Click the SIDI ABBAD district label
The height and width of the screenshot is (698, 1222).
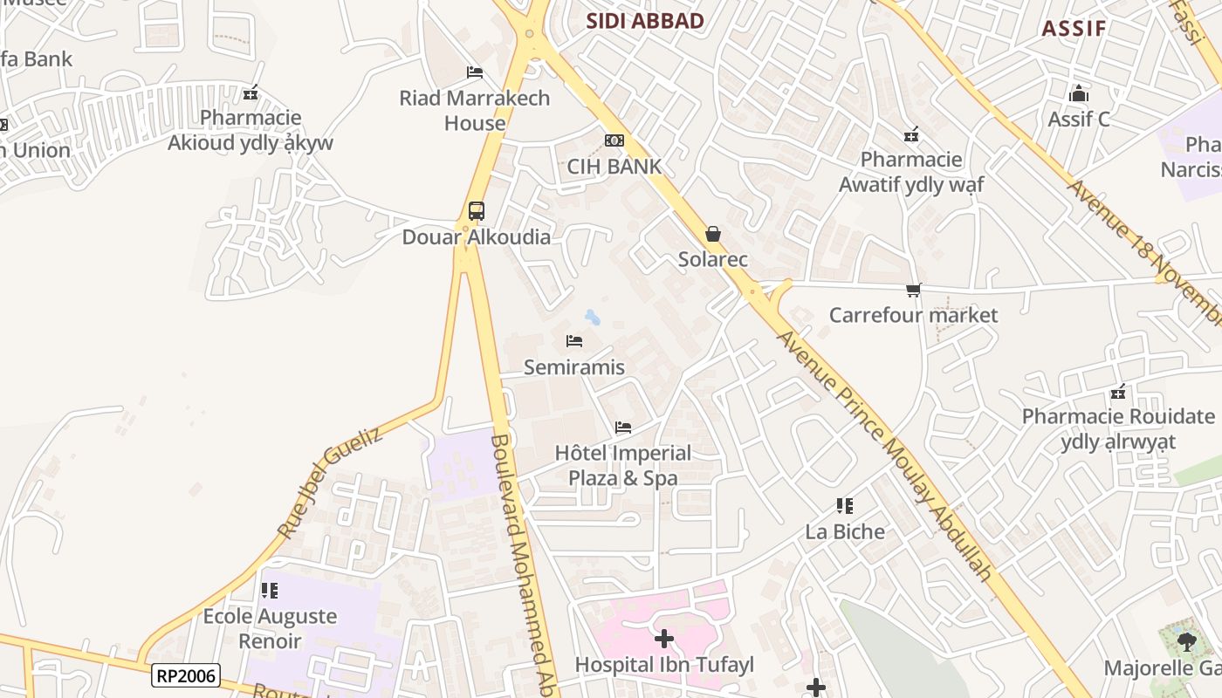tap(645, 21)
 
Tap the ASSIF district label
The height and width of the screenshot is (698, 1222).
tap(1074, 28)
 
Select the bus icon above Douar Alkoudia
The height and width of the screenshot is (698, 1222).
tap(476, 210)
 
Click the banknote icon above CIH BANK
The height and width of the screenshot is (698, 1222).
tap(614, 140)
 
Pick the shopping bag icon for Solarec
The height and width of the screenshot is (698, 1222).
tap(713, 234)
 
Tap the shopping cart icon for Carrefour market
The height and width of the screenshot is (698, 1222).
tap(913, 290)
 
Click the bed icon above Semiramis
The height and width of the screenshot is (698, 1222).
tap(573, 341)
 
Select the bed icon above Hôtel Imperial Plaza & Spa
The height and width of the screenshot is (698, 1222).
tap(623, 428)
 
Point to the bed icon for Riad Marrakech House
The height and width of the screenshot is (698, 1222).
tap(475, 72)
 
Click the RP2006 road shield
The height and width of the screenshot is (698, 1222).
tap(185, 675)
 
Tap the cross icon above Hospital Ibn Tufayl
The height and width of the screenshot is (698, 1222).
tap(664, 639)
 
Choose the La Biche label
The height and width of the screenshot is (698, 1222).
tap(845, 531)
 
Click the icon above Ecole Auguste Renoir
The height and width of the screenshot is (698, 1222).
tap(270, 591)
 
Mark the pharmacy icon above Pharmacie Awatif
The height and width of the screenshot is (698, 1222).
tap(911, 134)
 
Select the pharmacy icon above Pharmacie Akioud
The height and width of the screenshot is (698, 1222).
tap(251, 92)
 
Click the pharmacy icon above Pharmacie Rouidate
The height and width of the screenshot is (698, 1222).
tap(1117, 392)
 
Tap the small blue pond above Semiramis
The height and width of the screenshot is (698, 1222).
tap(592, 316)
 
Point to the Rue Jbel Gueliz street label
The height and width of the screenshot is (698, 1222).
tap(329, 482)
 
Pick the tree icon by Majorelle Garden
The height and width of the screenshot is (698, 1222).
tap(1185, 643)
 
